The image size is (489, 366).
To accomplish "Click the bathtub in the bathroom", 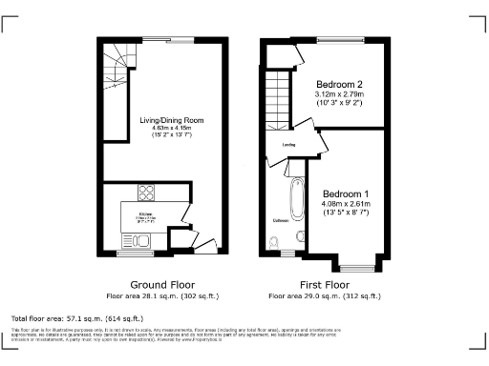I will tap(294, 198).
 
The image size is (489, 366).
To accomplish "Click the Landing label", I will tap(287, 145).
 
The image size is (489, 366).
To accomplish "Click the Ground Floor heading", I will tap(161, 285).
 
